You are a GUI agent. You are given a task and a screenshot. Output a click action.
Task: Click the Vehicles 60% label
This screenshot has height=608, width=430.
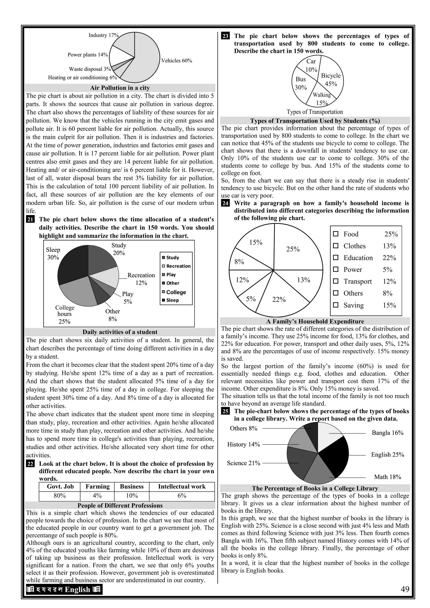(177, 61)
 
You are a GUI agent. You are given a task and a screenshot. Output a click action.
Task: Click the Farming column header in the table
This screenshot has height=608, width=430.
(97, 486)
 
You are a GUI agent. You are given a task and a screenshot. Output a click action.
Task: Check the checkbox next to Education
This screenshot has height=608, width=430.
(336, 257)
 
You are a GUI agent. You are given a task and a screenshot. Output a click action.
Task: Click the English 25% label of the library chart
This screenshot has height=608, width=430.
(387, 455)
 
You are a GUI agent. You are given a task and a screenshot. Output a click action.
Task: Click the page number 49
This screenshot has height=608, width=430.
(405, 589)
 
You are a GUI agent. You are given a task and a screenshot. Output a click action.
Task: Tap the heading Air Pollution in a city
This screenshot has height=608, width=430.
(120, 88)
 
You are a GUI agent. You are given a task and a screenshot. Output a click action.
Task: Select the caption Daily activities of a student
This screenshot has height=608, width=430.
(120, 332)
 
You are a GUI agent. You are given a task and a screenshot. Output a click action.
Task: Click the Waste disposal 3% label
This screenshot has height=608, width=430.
(90, 69)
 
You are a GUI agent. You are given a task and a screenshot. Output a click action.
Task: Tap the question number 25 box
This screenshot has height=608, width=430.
(225, 411)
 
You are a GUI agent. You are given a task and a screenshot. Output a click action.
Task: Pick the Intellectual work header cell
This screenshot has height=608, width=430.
(182, 486)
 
